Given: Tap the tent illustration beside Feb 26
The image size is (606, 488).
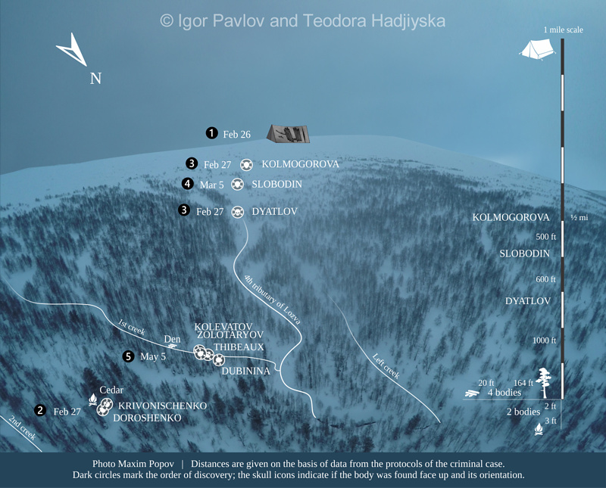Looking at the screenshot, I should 289,133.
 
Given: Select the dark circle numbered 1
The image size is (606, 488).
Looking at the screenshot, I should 212,133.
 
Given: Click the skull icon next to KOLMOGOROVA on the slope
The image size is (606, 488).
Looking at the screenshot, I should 246,164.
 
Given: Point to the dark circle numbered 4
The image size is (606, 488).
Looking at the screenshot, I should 188,184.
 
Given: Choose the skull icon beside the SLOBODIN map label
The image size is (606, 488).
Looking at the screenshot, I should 237,184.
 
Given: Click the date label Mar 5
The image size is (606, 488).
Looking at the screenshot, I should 212,185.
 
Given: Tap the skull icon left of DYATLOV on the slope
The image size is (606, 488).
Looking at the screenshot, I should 237,212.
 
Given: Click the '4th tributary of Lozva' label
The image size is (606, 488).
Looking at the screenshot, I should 272,299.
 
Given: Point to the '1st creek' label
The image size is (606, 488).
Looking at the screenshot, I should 131,326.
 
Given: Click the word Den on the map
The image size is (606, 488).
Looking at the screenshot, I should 172,340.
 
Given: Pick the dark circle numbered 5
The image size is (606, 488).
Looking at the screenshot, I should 128,356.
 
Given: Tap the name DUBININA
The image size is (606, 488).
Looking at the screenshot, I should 247,371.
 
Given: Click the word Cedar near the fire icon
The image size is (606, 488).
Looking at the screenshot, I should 111,390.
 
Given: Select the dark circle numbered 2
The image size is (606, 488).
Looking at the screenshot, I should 39,411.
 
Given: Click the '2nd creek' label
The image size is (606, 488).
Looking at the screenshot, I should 22,428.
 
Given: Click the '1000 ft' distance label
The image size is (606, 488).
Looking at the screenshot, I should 544,340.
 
